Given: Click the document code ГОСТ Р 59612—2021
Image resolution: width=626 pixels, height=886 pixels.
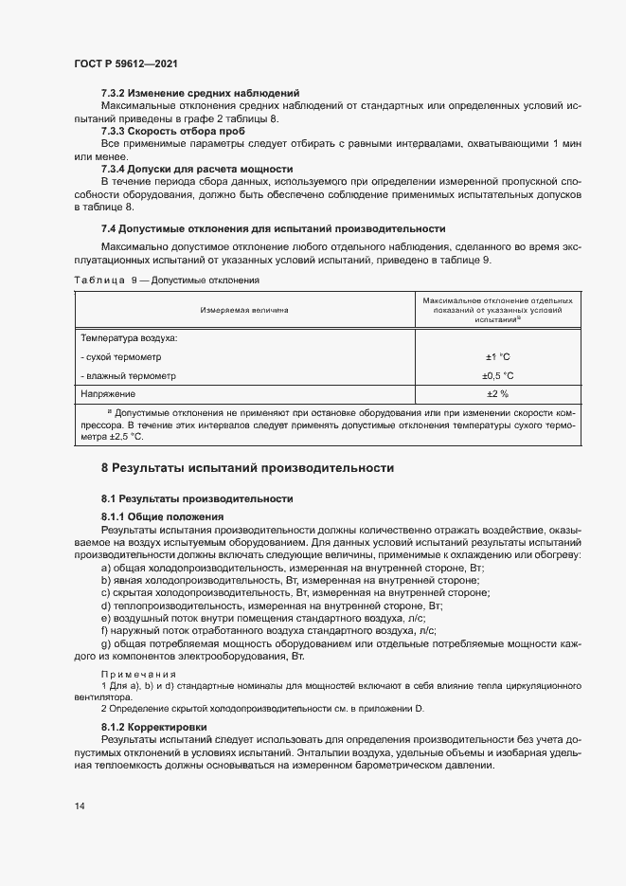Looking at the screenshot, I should click(125, 63).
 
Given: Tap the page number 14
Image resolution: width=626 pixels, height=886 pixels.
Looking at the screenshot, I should click(80, 806).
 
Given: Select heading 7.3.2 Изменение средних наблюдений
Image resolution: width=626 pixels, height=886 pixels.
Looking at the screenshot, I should click(200, 93).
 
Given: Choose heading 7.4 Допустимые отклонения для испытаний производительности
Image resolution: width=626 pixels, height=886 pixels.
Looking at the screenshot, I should click(273, 229).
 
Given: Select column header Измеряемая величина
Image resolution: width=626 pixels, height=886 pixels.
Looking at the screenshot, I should click(243, 310).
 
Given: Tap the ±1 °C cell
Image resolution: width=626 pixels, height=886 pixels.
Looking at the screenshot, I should click(497, 356).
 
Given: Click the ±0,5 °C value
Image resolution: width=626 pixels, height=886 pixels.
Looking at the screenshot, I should click(497, 375).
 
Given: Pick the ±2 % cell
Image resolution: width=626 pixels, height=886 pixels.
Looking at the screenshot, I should click(497, 393).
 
